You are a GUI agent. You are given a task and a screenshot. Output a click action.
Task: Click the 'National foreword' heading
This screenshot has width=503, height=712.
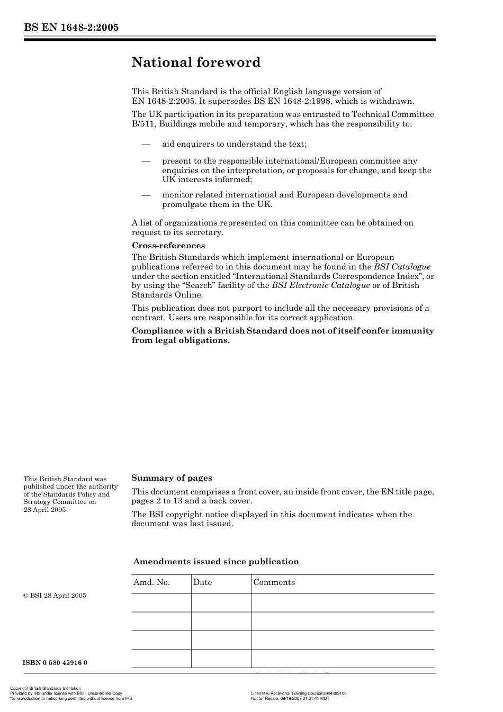click(x=196, y=62)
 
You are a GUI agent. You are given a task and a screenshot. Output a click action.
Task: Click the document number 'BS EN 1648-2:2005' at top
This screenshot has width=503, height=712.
click(x=71, y=28)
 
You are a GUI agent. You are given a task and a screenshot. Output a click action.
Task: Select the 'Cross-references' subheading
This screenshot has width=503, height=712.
click(x=168, y=246)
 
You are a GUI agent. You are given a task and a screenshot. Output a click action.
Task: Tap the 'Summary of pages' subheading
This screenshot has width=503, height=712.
click(x=172, y=478)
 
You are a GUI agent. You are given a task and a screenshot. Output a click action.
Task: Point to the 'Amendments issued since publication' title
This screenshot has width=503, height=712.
click(x=216, y=562)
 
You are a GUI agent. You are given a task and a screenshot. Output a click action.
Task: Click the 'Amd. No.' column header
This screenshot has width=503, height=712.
click(x=151, y=582)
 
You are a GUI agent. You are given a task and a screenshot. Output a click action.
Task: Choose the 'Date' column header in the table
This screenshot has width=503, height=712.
click(x=202, y=582)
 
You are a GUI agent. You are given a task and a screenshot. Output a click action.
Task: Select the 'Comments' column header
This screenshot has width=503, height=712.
click(x=274, y=582)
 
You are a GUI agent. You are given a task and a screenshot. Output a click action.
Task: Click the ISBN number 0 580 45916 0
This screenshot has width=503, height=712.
click(x=55, y=663)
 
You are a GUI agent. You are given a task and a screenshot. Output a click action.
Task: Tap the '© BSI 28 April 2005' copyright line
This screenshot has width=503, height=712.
click(x=55, y=596)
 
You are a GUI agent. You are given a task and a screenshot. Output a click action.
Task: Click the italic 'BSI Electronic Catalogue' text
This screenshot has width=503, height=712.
click(x=320, y=285)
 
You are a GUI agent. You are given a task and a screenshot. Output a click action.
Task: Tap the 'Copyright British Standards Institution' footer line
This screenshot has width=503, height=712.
click(x=46, y=689)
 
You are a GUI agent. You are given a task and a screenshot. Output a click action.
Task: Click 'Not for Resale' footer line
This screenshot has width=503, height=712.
click(x=290, y=698)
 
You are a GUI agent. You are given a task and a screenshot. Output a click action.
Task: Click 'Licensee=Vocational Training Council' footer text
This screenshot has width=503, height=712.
click(x=299, y=693)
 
